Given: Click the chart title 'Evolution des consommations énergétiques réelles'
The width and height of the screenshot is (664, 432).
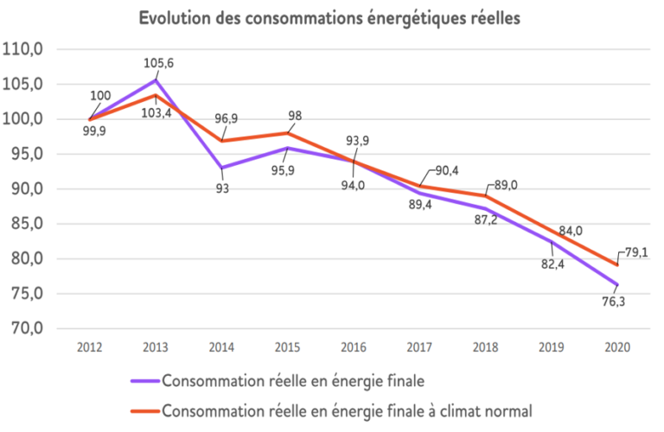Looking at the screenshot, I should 329,20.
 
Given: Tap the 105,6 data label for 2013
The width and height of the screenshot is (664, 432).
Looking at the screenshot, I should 157,62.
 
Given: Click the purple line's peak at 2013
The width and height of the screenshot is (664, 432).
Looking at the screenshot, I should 156,79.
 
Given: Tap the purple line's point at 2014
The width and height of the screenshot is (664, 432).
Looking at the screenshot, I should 221,168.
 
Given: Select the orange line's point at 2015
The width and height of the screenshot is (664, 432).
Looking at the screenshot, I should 288,133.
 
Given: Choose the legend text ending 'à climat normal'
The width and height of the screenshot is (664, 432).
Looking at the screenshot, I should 346,410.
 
